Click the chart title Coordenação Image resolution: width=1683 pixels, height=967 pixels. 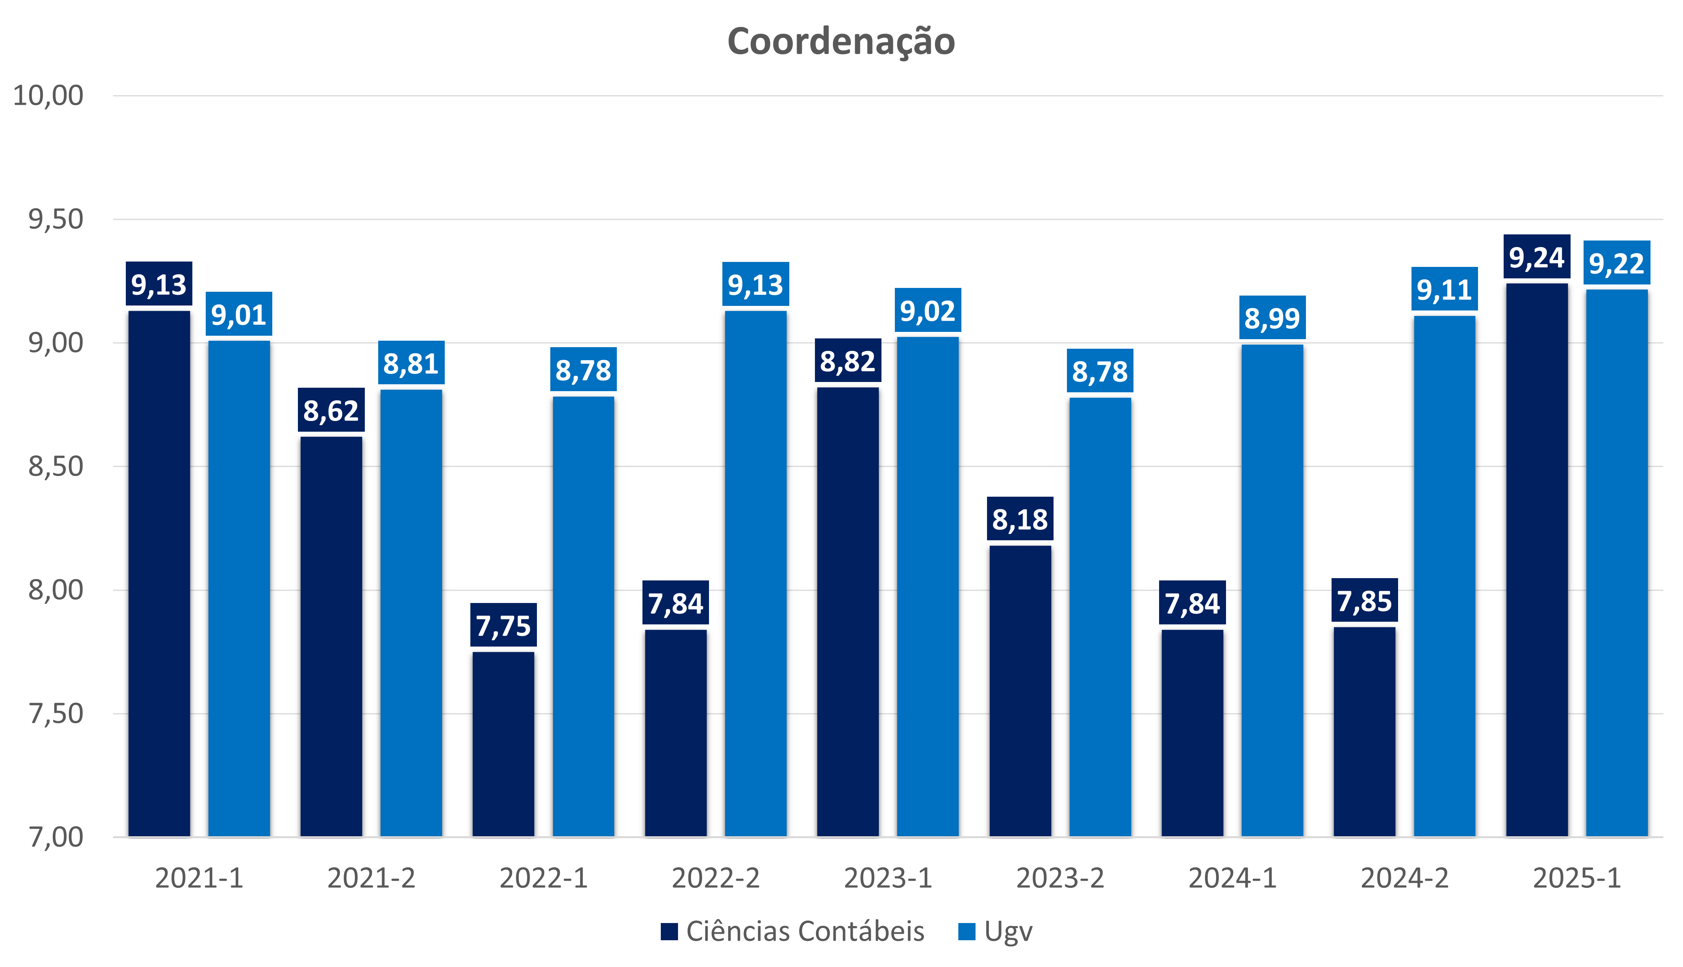tap(841, 41)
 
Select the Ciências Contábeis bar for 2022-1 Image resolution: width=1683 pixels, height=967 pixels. tap(503, 744)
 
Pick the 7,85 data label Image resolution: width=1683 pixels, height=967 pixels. tap(1364, 601)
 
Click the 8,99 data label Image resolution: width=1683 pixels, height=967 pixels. tap(1272, 318)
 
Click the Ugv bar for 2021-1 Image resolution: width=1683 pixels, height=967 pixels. tap(239, 588)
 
